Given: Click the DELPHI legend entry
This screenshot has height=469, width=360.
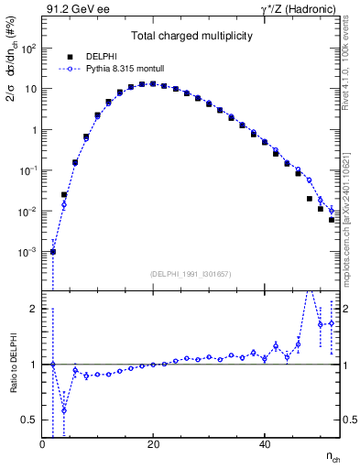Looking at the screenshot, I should click(92, 55).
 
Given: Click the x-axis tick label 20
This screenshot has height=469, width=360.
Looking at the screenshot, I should click(153, 445).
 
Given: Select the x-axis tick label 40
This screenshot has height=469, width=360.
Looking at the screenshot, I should click(264, 445).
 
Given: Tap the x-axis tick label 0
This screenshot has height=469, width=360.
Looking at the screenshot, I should click(42, 445).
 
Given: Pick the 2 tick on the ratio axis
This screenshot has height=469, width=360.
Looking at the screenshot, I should click(35, 309).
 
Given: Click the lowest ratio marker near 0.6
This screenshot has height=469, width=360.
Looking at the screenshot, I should click(64, 409).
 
